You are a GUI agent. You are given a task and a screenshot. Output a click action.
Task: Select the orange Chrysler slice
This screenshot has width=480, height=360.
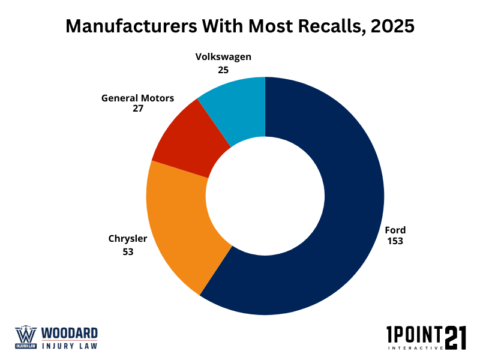[180, 228]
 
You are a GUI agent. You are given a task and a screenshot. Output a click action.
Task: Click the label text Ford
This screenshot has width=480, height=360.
[395, 230]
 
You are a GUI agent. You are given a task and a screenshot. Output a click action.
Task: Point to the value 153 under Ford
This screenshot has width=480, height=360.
[395, 241]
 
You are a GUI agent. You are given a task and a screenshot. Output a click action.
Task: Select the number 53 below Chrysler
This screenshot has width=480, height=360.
[128, 252]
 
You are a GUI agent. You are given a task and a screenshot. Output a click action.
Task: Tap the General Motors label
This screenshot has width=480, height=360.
[137, 98]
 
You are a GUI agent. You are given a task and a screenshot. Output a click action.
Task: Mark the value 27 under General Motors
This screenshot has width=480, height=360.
[137, 109]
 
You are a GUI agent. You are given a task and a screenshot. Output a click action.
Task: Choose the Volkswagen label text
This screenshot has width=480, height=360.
[223, 58]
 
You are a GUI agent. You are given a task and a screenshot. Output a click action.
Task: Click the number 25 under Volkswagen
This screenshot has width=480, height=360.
[223, 70]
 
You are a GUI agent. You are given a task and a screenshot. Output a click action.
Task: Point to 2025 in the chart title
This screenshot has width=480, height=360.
[390, 27]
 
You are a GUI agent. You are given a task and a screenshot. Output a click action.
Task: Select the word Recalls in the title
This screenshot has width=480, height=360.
[312, 27]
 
